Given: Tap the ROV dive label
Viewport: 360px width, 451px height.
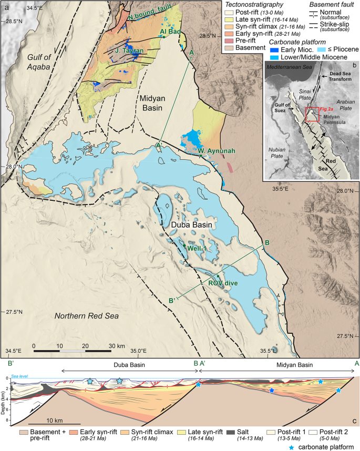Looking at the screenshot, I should point(223,283).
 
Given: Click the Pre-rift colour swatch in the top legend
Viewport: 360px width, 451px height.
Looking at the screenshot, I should point(230,40).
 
